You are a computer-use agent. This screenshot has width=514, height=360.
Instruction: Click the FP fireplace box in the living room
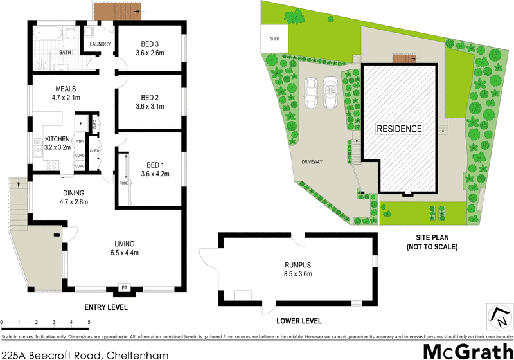coord(125,289)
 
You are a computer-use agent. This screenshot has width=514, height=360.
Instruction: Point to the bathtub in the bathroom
coord(48,33)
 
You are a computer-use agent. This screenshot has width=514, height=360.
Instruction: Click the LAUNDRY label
coord(101,44)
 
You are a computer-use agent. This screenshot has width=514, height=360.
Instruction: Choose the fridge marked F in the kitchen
coord(82,123)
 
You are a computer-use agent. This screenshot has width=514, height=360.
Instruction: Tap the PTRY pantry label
coord(80,141)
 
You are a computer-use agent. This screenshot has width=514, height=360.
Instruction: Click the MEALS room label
coord(66,89)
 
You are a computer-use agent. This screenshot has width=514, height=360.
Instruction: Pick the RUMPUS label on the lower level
coord(297,264)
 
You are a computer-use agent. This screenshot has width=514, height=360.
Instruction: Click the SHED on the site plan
coord(275,38)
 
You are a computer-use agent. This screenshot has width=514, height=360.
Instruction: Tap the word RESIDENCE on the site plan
coord(399,129)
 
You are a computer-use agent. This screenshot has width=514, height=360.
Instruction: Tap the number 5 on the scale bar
coord(88,322)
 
